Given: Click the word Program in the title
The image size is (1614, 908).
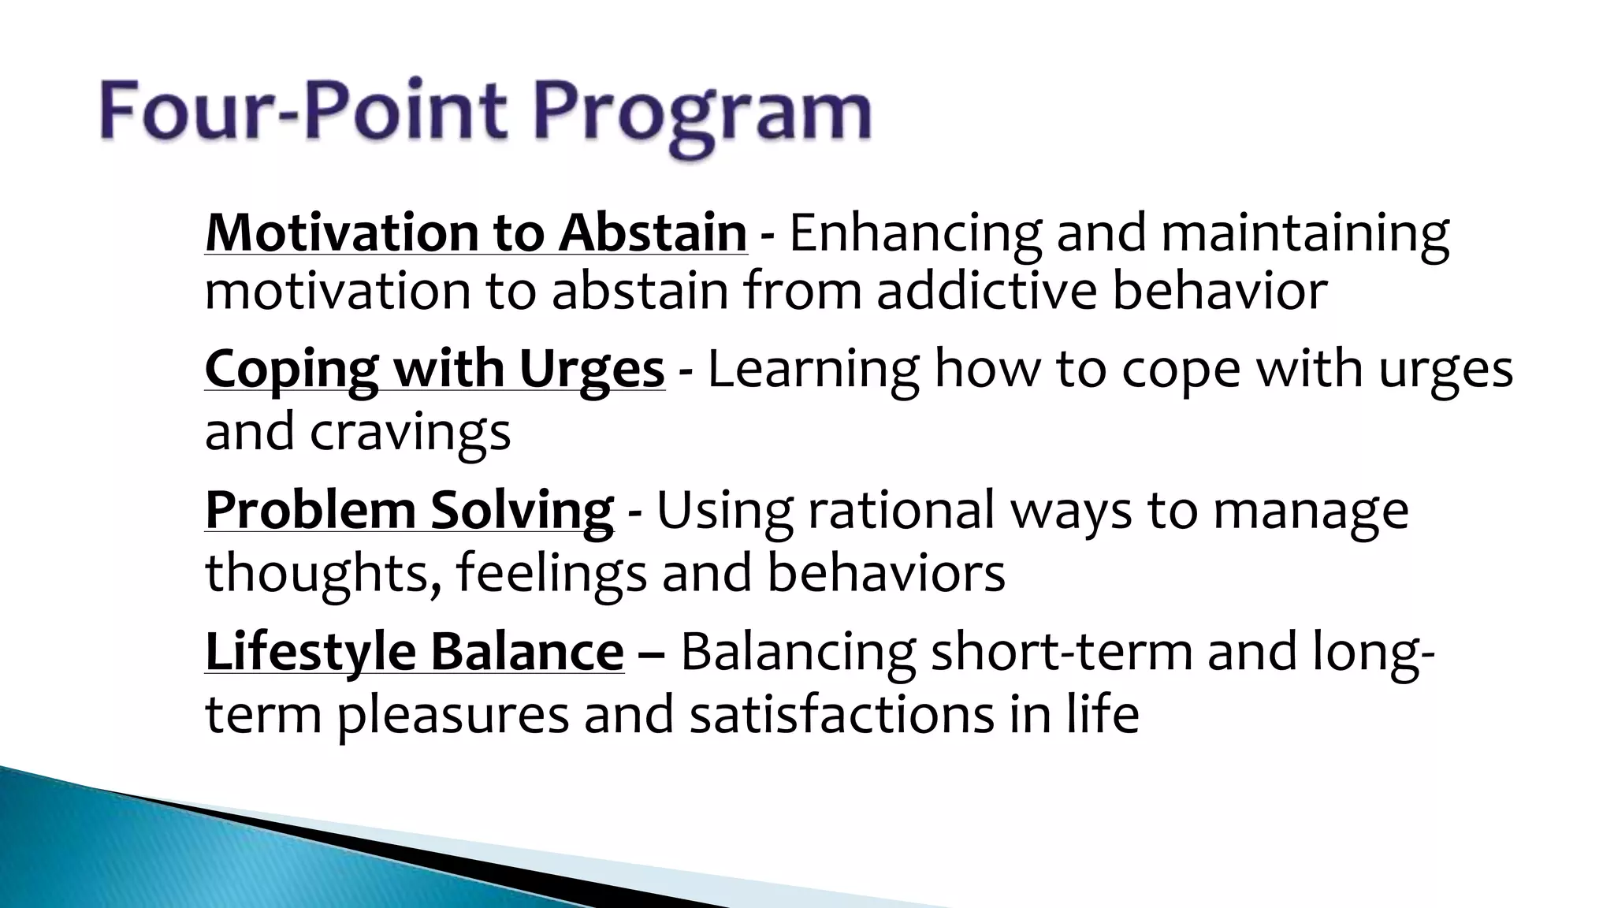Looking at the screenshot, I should coord(701,114).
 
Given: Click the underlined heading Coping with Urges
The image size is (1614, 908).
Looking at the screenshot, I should coord(434,369).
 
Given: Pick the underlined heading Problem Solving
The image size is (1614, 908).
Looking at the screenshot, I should coord(408,510).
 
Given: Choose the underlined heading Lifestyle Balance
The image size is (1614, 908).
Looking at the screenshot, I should coord(414,652).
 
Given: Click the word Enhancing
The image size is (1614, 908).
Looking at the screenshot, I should coord(914,233).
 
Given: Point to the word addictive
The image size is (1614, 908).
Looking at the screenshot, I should coord(985,290).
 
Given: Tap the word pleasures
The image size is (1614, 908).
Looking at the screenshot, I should coord(453,716).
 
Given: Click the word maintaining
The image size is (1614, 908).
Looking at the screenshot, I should coord(1303,233).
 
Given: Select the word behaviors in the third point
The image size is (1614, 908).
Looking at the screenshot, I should coord(886,572).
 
